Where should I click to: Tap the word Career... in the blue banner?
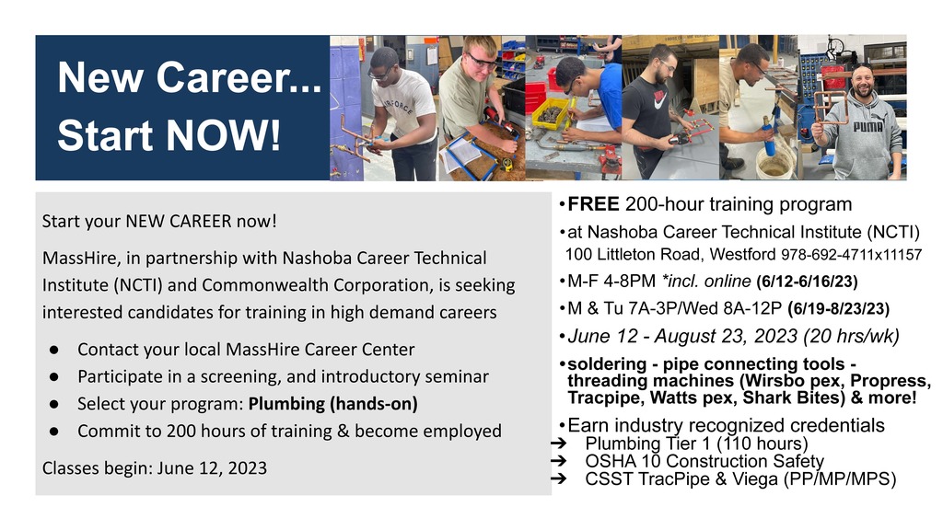click(x=239, y=77)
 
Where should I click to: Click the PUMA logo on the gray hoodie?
click(x=867, y=126)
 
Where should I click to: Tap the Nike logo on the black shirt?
click(x=659, y=97)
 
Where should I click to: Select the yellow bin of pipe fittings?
click(x=551, y=112)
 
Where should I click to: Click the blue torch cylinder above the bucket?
click(x=769, y=136)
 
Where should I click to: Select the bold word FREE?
click(x=593, y=204)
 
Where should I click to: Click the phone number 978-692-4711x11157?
click(x=851, y=255)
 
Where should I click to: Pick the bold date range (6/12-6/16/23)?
click(x=807, y=282)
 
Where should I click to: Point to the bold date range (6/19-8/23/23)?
click(x=838, y=309)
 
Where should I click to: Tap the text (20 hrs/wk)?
click(x=851, y=336)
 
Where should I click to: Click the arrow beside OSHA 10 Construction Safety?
click(x=559, y=461)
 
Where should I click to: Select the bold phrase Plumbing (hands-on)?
click(x=333, y=404)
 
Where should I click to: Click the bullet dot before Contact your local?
click(x=54, y=350)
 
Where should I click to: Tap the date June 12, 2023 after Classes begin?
click(x=213, y=468)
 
